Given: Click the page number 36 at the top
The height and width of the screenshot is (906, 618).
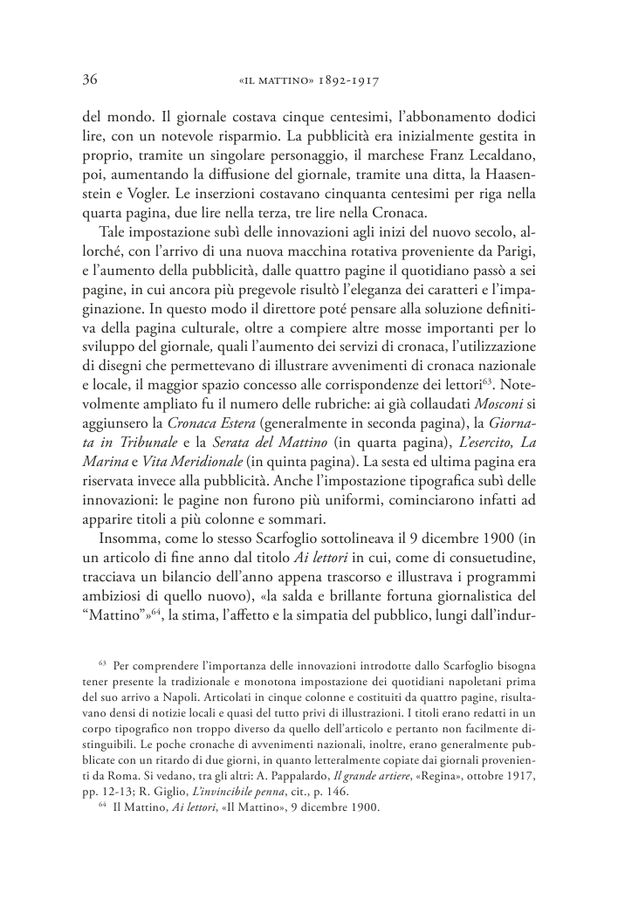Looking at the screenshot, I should coord(88,79).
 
